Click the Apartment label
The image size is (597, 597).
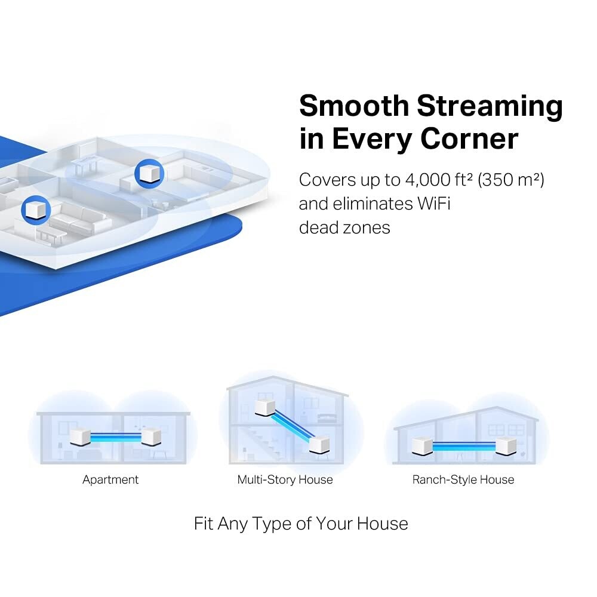(110, 479)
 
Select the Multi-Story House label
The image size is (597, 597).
(285, 479)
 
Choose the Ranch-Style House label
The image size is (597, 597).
(463, 479)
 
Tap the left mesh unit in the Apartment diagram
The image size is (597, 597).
(79, 437)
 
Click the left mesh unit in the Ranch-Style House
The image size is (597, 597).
(423, 445)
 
